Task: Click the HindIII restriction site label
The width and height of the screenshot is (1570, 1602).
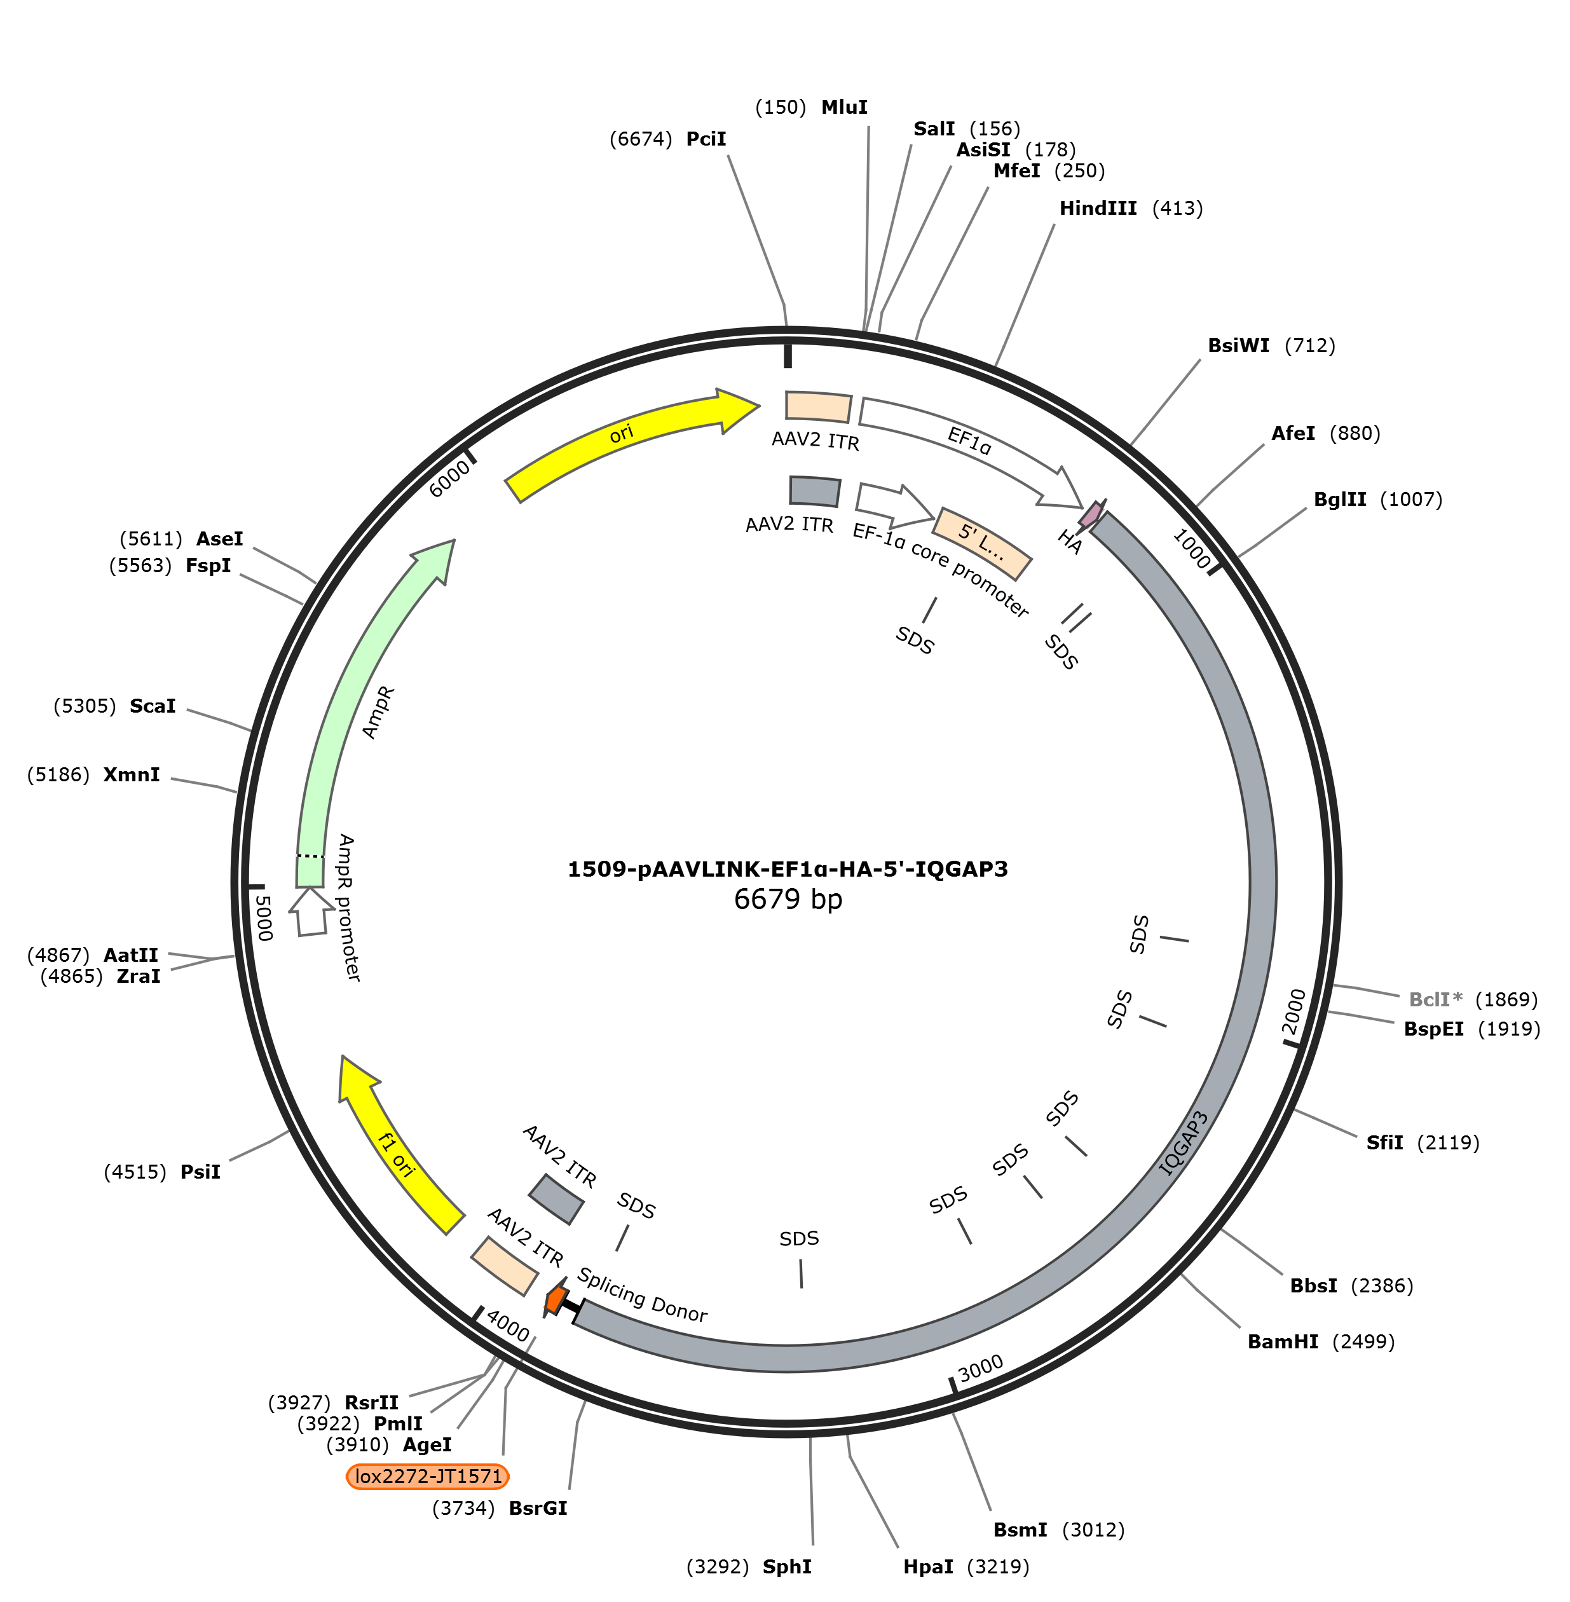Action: (x=1098, y=209)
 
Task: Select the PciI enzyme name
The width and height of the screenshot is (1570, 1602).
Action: (x=706, y=139)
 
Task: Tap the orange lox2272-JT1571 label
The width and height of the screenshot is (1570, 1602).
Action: (x=428, y=1476)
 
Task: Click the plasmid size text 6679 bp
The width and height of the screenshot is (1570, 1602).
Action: (x=788, y=899)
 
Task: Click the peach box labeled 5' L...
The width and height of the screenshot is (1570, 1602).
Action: (x=981, y=544)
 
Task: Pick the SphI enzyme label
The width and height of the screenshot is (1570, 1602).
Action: (x=787, y=1566)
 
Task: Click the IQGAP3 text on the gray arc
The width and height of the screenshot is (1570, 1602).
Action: (x=1184, y=1144)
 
